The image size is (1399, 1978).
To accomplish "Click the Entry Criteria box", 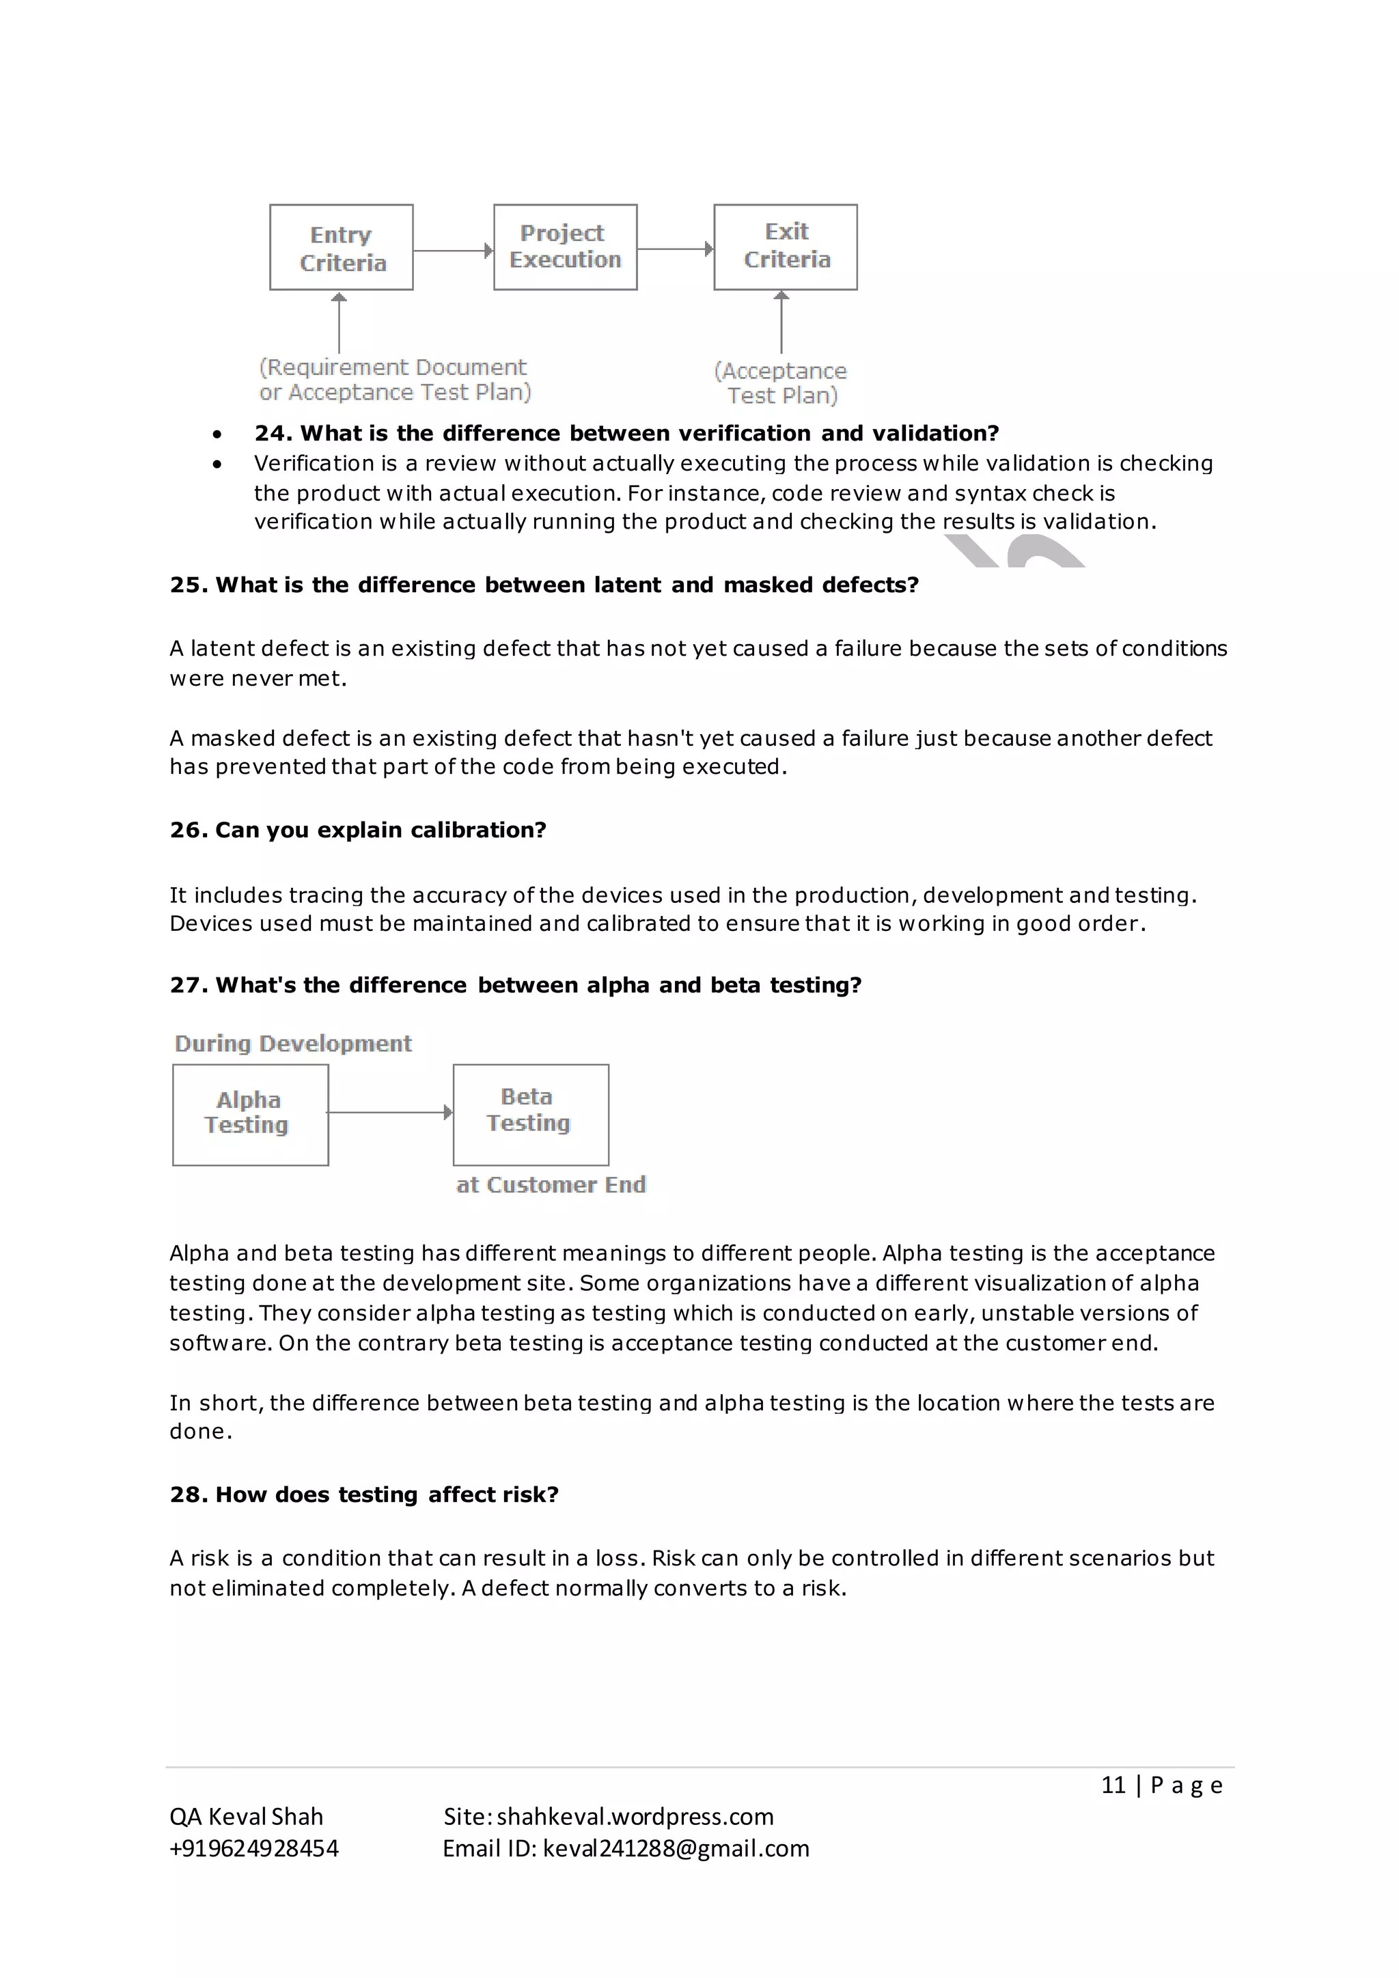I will tap(341, 247).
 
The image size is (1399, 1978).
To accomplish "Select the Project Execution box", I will tap(565, 247).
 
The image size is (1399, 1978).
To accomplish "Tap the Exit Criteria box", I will tap(786, 247).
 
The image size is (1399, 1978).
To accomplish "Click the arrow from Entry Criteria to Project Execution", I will tap(453, 251).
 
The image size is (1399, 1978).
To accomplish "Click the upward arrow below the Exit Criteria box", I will tap(781, 322).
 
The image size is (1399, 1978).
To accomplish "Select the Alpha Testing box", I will tap(250, 1115).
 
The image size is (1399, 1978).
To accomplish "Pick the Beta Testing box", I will tap(531, 1115).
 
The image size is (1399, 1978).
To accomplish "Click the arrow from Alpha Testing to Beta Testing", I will tap(390, 1112).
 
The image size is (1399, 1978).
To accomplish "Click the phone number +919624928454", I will tap(254, 1849).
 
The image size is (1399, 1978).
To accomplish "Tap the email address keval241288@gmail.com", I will tap(676, 1849).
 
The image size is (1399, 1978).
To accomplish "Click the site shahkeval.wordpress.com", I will tap(635, 1817).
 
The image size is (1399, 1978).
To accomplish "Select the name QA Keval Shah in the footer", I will tap(247, 1817).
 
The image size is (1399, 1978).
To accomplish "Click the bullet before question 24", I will tap(217, 434).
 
